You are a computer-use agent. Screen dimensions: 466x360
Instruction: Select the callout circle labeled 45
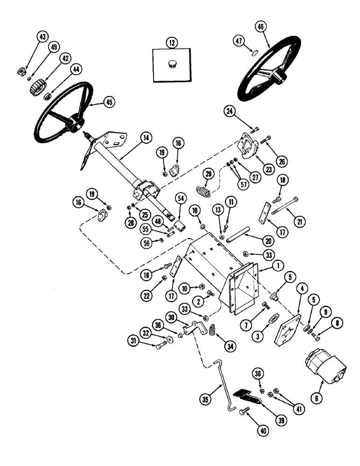coord(109,102)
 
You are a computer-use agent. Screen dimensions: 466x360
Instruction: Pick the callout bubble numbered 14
coord(146,137)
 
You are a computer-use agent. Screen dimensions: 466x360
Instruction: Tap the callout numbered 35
coord(206,398)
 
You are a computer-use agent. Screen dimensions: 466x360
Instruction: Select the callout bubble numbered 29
coord(208,174)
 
